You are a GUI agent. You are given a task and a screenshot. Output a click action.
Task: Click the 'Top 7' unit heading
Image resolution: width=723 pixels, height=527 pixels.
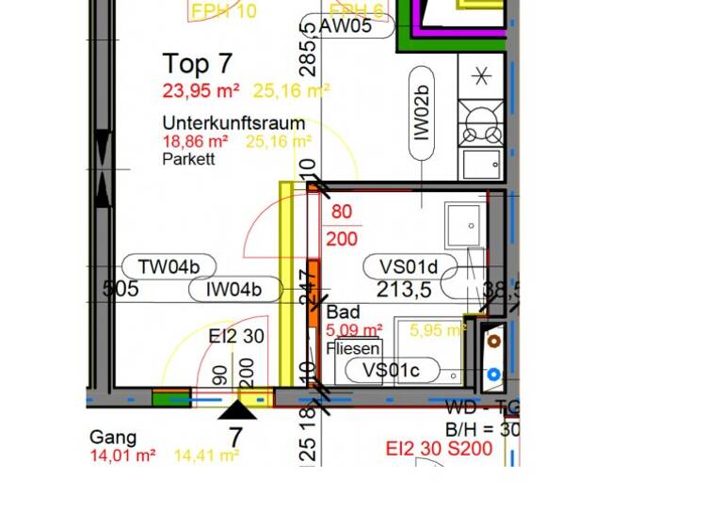(x=197, y=64)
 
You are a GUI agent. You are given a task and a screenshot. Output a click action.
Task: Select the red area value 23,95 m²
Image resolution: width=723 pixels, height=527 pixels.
(x=201, y=90)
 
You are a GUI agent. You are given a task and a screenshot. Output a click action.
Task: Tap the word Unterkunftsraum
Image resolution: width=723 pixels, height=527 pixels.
(x=233, y=123)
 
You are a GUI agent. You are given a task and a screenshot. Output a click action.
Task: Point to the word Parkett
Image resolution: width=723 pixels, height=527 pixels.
(x=188, y=159)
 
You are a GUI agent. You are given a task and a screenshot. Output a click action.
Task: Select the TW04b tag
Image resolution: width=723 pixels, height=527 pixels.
(x=169, y=266)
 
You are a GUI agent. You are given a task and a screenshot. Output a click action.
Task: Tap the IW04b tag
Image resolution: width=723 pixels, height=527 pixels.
(x=235, y=289)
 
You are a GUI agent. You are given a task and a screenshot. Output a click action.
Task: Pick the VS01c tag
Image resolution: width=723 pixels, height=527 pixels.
(x=391, y=370)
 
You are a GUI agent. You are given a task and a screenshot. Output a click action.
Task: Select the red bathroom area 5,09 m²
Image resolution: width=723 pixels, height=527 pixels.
(x=353, y=330)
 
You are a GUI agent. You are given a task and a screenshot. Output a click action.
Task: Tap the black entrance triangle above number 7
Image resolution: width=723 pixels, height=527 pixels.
(x=237, y=409)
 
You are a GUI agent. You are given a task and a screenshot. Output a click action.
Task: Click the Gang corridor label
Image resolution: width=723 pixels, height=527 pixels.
(x=113, y=438)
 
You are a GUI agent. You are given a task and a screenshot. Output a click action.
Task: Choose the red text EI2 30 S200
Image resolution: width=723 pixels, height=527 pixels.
(x=439, y=449)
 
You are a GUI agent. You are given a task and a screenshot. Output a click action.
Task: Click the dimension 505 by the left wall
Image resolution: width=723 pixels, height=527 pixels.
(x=120, y=289)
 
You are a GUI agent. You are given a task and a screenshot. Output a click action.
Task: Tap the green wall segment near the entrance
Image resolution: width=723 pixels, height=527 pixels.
(x=170, y=398)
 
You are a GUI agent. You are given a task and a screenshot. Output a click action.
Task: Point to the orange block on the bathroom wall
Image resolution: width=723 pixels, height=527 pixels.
(x=313, y=293)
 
